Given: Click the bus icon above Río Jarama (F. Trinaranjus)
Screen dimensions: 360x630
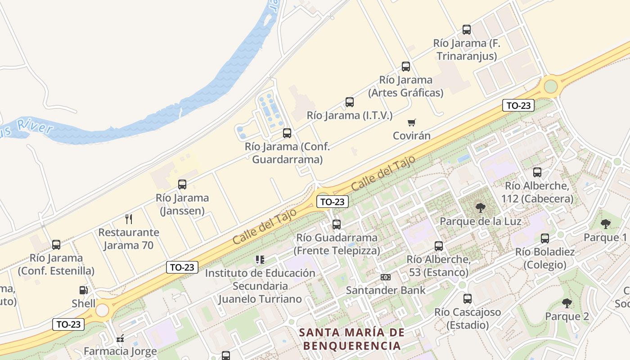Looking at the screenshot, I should coord(467,30).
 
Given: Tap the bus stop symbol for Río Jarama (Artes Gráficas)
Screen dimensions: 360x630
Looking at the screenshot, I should coord(406,67).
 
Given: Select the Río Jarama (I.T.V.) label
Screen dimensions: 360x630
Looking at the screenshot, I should coord(349,115).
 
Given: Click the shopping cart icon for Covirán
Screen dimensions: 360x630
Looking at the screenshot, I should coord(411,122).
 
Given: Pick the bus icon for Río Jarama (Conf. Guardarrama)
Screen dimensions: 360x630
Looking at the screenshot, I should coord(287,133).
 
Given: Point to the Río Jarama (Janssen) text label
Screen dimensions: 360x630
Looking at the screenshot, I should coord(182,204).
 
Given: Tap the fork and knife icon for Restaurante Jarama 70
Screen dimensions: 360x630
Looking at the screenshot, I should coord(129,219).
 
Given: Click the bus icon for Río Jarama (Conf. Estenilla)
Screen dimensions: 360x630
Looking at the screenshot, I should coord(56,245).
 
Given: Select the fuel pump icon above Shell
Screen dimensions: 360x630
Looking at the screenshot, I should coord(83,290).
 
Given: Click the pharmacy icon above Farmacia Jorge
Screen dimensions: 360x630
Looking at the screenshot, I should coord(120,338).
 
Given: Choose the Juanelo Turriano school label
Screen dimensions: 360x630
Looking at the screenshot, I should coord(260,286).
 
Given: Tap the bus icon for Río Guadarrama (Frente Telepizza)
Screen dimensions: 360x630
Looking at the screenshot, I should coord(337,225).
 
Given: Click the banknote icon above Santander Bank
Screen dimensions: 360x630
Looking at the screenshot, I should coord(386,277).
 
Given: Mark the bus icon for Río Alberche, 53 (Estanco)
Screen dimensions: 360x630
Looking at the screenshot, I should coord(439,246).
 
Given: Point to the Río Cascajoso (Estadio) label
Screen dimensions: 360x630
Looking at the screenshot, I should coord(468,318).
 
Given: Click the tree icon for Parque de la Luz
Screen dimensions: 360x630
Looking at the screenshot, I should coord(481,208).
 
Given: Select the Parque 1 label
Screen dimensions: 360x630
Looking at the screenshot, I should coord(605,237).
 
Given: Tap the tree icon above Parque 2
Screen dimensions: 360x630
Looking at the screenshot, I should coord(567,303).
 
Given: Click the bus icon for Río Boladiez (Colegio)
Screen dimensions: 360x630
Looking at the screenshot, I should coord(545,238).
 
